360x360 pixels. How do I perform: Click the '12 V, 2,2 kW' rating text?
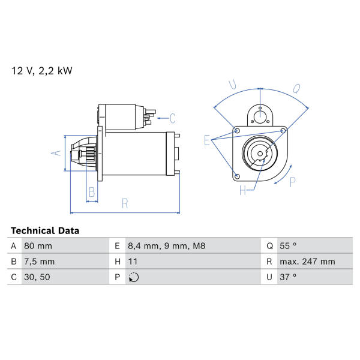42,71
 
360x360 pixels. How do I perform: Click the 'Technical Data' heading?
45,230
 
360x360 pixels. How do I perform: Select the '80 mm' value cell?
38,246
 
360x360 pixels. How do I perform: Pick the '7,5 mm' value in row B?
39,262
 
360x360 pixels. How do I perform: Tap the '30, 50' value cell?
37,277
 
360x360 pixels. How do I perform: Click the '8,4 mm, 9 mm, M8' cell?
166,246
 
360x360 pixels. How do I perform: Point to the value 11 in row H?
133,262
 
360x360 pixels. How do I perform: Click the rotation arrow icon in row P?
134,277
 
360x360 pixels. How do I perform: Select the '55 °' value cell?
288,246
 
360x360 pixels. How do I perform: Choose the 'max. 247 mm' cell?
307,262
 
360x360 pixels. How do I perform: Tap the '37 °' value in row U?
288,277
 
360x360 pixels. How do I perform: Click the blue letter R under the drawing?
125,203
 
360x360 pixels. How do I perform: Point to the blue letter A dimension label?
56,152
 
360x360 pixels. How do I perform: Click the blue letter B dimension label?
92,192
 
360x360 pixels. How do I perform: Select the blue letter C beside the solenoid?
173,118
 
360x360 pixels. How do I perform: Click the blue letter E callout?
207,140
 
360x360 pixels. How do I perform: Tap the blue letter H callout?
242,190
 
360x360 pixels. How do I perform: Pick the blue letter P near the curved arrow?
293,182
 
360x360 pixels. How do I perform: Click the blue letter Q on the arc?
296,89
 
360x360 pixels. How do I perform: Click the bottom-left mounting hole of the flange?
238,176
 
